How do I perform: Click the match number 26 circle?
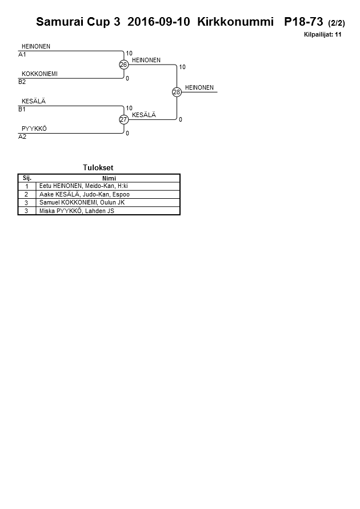(123, 65)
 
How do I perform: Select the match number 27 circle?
(123, 119)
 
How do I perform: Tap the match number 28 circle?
(177, 92)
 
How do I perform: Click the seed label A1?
(22, 55)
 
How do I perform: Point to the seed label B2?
(22, 82)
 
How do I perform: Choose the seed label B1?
(22, 110)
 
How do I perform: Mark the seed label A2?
(22, 137)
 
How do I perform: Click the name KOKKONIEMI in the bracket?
(39, 74)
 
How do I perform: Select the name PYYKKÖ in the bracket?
(34, 129)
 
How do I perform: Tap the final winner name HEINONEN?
(199, 88)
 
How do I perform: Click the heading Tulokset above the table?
(98, 168)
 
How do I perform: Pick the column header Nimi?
(109, 178)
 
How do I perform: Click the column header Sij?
(27, 178)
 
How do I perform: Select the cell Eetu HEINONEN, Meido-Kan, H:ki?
(83, 186)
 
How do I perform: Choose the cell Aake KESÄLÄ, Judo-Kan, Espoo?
(84, 194)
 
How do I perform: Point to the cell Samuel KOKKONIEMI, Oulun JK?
(82, 203)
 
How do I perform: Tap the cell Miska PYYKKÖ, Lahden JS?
(77, 211)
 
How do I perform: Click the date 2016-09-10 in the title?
(159, 22)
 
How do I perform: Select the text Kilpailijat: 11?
(322, 35)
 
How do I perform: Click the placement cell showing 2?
(27, 194)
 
